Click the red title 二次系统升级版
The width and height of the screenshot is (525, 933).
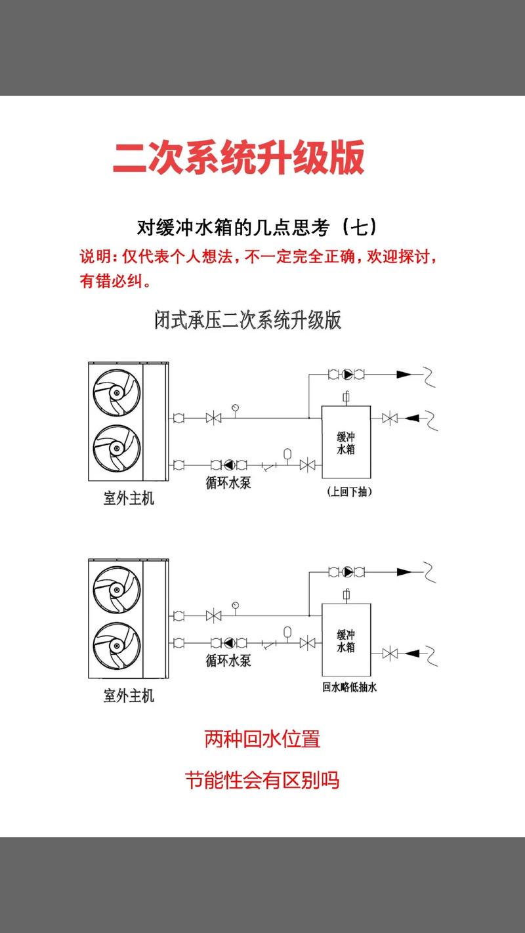[x=239, y=157]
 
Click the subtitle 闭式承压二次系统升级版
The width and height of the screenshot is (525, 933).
[x=247, y=320]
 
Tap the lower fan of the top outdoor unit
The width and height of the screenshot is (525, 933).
[x=116, y=449]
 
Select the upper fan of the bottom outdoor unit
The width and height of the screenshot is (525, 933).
[x=116, y=585]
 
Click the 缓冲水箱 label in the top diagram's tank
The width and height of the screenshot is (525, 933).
[x=346, y=444]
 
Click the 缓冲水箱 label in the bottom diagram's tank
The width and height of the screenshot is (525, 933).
[x=346, y=640]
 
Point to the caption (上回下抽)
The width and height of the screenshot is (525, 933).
[x=348, y=491]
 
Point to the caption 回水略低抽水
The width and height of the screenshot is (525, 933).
[x=349, y=688]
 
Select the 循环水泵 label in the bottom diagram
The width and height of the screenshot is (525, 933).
[x=228, y=661]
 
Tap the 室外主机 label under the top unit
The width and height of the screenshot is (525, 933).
[x=129, y=498]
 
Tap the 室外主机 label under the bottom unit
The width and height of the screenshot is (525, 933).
[x=129, y=695]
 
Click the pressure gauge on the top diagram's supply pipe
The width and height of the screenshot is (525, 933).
[x=235, y=407]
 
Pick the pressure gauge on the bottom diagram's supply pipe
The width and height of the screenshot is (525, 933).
[x=235, y=604]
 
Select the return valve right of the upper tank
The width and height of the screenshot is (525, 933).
[x=390, y=417]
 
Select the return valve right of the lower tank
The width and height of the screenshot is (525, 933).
[x=390, y=653]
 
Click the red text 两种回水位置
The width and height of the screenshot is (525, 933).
[x=262, y=739]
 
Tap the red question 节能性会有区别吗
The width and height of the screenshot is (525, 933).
[x=262, y=781]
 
